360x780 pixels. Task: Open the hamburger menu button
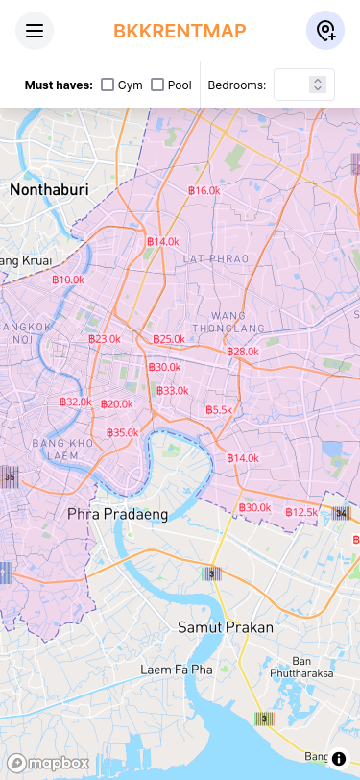tap(35, 31)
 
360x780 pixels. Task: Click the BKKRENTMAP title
tap(180, 31)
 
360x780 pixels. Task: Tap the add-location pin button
tap(325, 31)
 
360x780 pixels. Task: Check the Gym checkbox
tap(108, 85)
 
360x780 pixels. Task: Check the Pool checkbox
tap(157, 85)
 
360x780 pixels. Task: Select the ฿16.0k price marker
tap(204, 190)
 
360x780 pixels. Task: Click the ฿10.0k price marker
tap(67, 280)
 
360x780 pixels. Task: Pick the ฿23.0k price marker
tap(104, 339)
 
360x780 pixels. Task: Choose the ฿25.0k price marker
tap(169, 339)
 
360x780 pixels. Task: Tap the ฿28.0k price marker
tap(243, 352)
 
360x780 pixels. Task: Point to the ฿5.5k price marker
tap(219, 410)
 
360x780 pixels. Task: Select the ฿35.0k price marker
tap(122, 432)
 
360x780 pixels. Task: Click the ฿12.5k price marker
tap(301, 512)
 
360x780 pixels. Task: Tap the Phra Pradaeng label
tap(117, 514)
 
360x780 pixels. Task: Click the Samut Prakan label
tap(226, 627)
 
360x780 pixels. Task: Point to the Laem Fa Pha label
tap(176, 669)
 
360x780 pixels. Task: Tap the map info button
tap(338, 759)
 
